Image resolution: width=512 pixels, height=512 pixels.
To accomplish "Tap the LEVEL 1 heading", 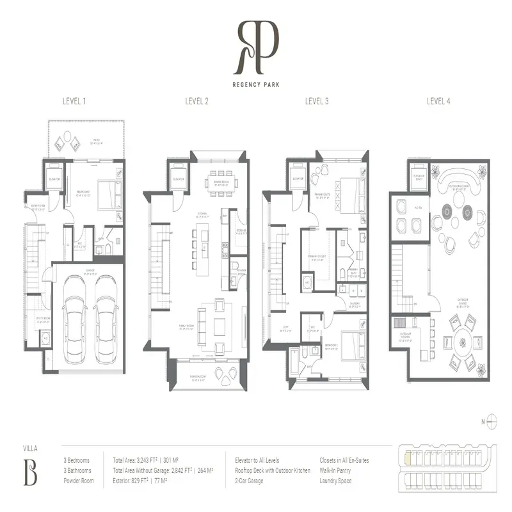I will click(x=74, y=100).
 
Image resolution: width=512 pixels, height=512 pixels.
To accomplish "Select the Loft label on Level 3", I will click(x=285, y=330).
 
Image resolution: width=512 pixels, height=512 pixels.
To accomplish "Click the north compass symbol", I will click(x=491, y=420).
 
